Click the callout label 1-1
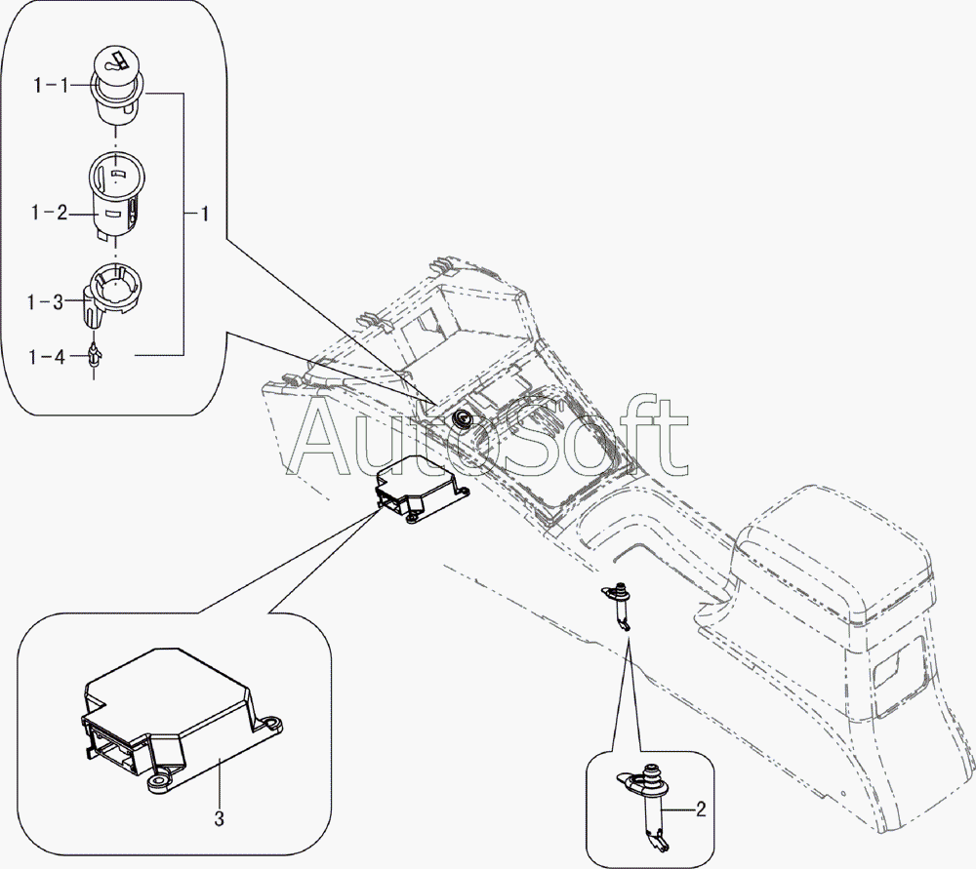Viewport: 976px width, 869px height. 51,85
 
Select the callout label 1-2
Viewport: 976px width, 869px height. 50,213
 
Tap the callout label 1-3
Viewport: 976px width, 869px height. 46,303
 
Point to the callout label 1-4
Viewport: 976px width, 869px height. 47,357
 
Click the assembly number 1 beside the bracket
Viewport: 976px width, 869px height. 204,214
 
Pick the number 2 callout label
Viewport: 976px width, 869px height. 701,810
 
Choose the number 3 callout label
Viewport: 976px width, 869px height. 219,819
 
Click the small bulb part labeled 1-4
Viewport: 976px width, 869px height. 95,359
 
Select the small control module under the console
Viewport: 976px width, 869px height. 422,489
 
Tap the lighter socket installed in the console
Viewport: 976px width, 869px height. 463,419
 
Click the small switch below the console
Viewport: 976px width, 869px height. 618,607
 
